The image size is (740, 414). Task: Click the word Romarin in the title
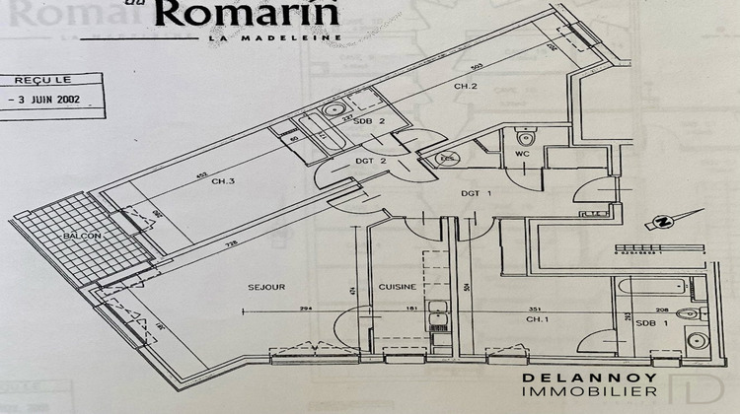click(x=247, y=14)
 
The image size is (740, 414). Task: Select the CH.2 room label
click(x=467, y=87)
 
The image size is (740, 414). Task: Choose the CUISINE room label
click(x=397, y=287)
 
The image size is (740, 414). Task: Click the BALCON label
click(x=77, y=238)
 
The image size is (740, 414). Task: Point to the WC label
click(x=523, y=153)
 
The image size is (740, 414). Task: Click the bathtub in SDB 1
click(x=650, y=288)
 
